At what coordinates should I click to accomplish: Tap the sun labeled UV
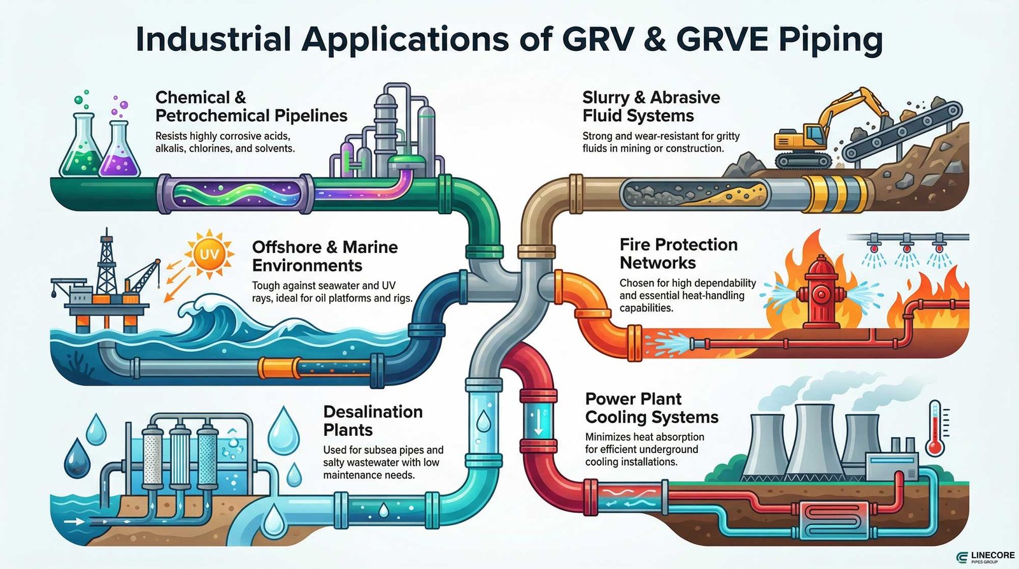click(209, 256)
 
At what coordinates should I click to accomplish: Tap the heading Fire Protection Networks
click(678, 254)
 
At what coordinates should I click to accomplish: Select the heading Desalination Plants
click(373, 421)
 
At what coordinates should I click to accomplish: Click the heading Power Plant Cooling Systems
click(651, 408)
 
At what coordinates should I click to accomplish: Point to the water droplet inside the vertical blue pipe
click(483, 420)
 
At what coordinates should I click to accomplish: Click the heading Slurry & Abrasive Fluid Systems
click(650, 106)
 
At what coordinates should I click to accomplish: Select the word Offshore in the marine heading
click(287, 247)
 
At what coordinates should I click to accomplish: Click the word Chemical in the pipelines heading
click(192, 97)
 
